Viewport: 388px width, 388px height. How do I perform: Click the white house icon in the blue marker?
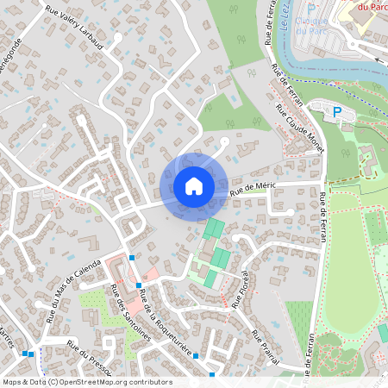coord(194,186)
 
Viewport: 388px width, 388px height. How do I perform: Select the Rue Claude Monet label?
coord(299,128)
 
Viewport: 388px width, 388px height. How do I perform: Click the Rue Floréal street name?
coord(241,289)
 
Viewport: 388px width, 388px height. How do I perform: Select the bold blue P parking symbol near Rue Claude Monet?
coord(338,111)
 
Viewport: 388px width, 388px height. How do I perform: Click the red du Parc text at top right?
coord(372,6)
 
